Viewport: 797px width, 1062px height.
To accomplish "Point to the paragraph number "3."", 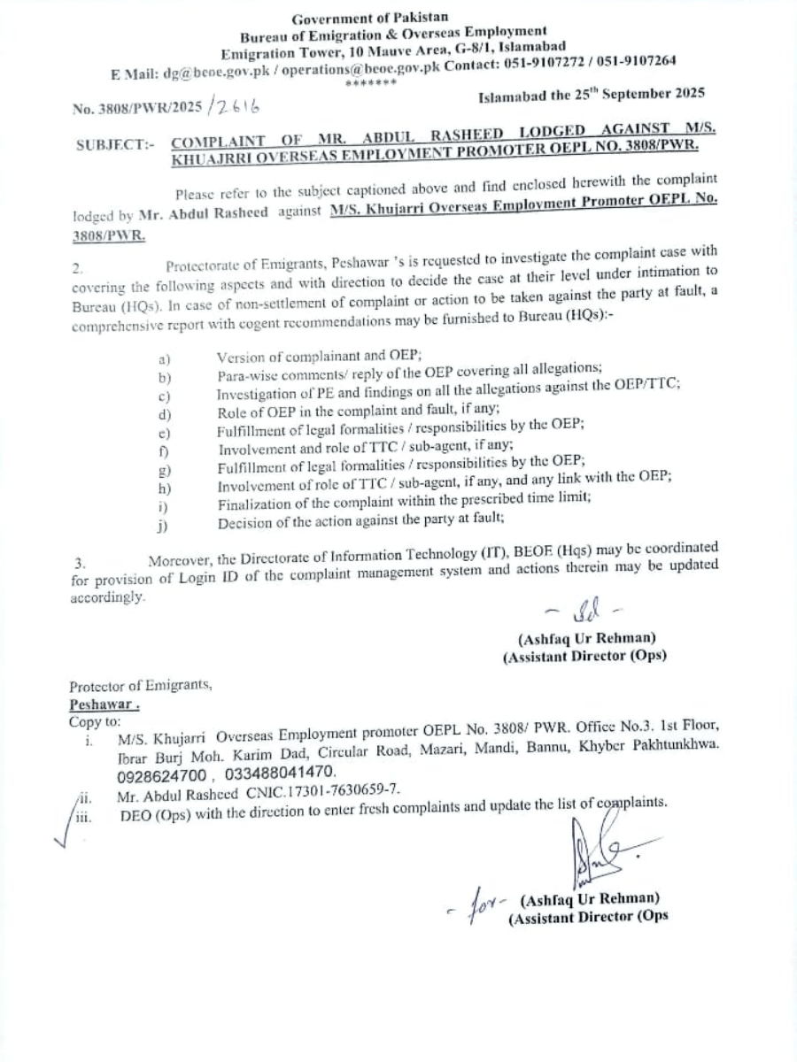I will pos(81,563).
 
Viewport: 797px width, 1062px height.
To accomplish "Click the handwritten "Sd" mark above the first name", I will pos(584,611).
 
